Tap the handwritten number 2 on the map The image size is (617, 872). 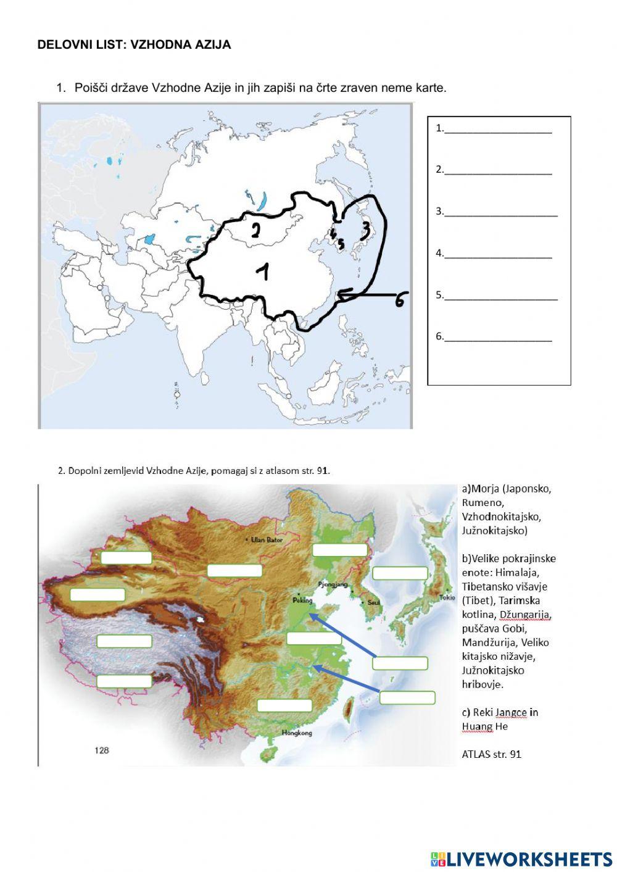point(255,230)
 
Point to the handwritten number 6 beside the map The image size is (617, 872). point(400,301)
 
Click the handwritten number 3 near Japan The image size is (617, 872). point(365,230)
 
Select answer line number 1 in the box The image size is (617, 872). point(497,129)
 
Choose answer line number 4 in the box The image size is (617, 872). point(497,254)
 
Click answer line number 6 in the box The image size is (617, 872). point(497,337)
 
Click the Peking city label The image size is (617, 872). point(303,600)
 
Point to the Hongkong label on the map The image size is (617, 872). point(297,733)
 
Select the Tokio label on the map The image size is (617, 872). point(447,597)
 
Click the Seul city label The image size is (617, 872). point(373,602)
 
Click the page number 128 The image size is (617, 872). point(102,750)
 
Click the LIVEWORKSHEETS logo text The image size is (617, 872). point(529,859)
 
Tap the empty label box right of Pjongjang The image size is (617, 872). point(400,573)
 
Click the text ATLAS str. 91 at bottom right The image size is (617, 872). point(491,754)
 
